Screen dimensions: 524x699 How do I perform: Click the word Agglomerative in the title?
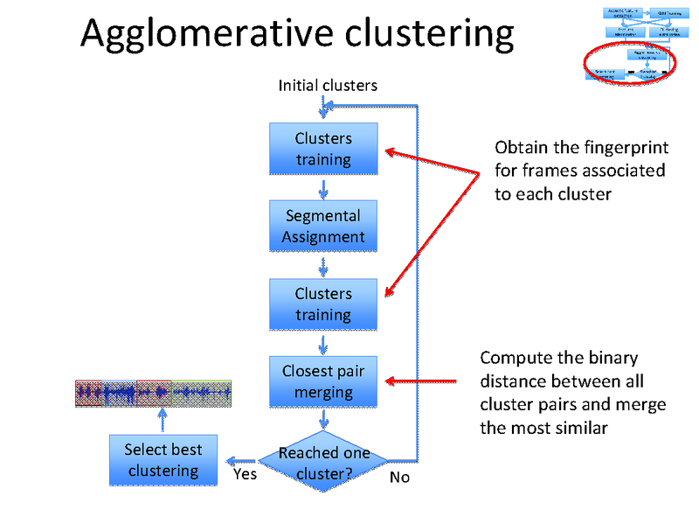(206, 34)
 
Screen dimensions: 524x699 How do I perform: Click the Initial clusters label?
(328, 86)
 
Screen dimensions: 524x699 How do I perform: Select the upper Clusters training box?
(323, 149)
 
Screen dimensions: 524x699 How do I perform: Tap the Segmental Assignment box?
(323, 226)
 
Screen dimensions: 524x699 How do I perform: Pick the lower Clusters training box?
(323, 304)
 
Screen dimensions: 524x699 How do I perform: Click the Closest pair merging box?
(323, 381)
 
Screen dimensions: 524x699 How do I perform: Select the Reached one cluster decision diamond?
(323, 463)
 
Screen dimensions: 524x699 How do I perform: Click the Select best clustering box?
(163, 460)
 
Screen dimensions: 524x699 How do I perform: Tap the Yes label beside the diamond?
(246, 475)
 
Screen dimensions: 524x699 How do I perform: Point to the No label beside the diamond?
(399, 478)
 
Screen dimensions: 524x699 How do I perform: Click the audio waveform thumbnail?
(153, 394)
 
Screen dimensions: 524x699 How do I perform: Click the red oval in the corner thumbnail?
(630, 64)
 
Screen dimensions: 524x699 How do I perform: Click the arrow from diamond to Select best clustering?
(239, 460)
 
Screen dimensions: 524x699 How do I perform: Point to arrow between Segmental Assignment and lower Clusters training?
(324, 266)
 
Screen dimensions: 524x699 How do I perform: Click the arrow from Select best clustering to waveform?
(163, 420)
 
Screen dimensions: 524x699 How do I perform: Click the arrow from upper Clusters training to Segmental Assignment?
(324, 189)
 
